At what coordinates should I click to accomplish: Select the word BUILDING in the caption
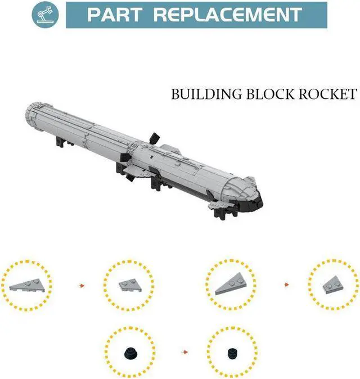tap(206, 94)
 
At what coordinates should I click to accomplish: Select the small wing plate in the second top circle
tap(127, 285)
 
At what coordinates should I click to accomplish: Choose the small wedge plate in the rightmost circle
tap(332, 286)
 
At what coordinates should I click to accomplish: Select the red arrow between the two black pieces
tap(185, 353)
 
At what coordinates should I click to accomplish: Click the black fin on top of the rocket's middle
tap(154, 137)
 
